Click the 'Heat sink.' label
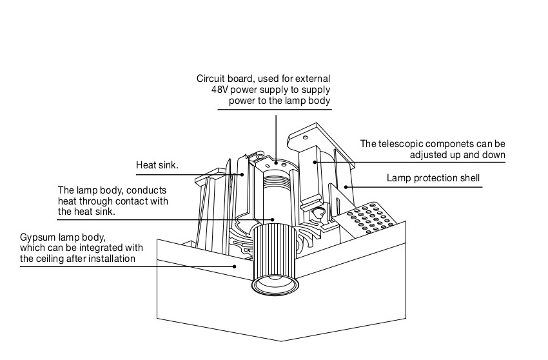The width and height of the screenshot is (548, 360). point(157,165)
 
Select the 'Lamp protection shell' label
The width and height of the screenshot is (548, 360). point(433,178)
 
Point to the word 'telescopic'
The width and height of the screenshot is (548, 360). point(404,143)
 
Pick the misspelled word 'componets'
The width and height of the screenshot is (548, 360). point(454,143)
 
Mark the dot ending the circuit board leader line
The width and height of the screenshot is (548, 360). point(276,164)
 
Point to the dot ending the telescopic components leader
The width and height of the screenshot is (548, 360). point(315,161)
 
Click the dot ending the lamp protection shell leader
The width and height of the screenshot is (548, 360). point(346,186)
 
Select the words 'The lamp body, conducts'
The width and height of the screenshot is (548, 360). point(112,190)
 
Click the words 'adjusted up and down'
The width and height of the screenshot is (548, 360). point(457,154)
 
